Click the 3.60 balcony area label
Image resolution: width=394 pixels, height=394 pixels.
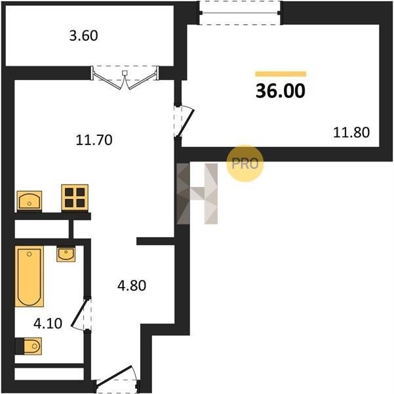(83, 35)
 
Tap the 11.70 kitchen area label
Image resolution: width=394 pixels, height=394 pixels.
(94, 140)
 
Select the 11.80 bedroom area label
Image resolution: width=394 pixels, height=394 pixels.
(351, 133)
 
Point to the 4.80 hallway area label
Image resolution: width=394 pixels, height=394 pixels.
(132, 286)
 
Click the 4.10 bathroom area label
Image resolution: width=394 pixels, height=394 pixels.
(48, 323)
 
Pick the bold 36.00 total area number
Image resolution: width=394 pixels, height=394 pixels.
(281, 91)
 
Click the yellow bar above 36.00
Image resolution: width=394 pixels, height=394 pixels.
(281, 74)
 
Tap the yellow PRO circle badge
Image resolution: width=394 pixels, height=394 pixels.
(245, 164)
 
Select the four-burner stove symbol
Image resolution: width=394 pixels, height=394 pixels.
(75, 198)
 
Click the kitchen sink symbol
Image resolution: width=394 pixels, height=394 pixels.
(30, 201)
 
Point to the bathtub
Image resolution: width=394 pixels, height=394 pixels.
(29, 276)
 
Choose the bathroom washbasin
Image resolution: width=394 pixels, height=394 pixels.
(66, 254)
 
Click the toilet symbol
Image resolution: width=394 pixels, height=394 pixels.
(28, 346)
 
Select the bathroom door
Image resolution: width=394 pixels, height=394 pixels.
(82, 313)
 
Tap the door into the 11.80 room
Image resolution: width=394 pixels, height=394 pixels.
(185, 123)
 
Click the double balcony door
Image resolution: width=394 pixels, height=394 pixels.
(125, 77)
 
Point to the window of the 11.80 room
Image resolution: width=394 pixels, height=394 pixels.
(240, 12)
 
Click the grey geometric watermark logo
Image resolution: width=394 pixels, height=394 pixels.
(197, 194)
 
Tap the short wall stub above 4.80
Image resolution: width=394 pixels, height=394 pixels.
(155, 241)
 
